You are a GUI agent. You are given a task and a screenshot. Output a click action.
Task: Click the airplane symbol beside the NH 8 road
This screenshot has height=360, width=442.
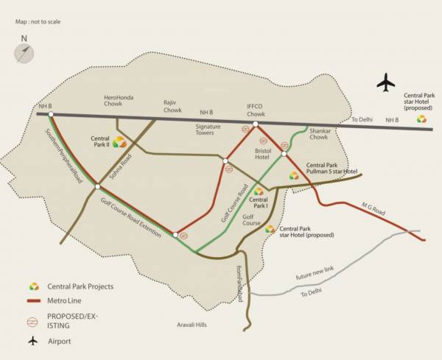[x=385, y=82]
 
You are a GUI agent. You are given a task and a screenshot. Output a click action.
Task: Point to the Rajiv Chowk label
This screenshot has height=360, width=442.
[x=172, y=107]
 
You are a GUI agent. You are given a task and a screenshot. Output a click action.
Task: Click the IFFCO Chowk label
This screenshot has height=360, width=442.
[x=255, y=110]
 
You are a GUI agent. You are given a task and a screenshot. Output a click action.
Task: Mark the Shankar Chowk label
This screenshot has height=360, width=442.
[x=318, y=133]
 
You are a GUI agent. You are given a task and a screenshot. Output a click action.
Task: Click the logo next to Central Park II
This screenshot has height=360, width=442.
[x=119, y=141]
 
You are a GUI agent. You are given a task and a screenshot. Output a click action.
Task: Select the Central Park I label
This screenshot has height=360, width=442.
[x=258, y=202]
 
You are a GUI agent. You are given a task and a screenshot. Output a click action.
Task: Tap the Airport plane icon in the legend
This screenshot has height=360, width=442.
[x=33, y=341]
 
